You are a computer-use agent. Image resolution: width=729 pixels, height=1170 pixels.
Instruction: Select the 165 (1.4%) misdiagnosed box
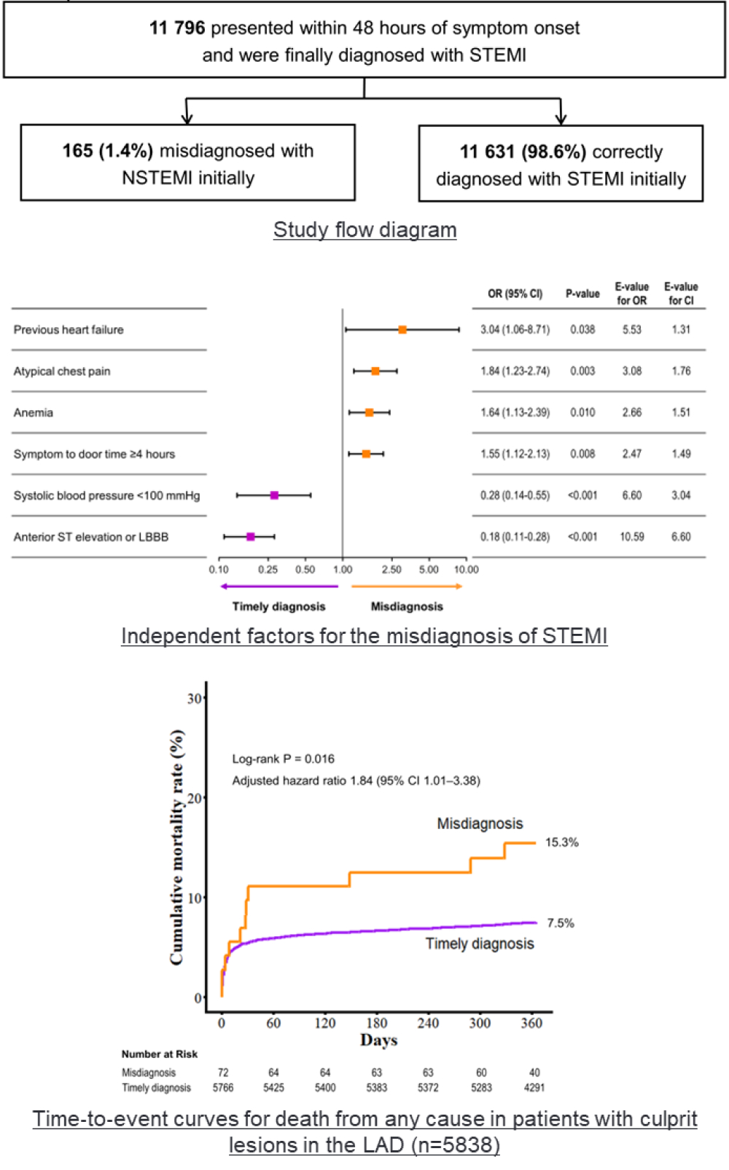tap(187, 162)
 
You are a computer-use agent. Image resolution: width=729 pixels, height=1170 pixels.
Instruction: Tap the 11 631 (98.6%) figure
tap(523, 152)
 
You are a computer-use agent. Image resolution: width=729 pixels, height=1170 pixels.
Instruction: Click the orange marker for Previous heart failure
tap(402, 330)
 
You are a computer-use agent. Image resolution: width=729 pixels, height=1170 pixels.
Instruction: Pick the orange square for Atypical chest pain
tap(375, 372)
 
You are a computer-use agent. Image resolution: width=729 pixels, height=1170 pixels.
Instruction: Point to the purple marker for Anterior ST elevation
tap(251, 537)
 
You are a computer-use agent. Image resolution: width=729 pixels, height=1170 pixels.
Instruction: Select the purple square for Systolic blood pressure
tap(274, 495)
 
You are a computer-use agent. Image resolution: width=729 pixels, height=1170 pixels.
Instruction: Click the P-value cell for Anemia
tap(582, 412)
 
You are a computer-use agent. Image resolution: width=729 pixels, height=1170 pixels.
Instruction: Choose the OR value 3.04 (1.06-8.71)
tap(515, 329)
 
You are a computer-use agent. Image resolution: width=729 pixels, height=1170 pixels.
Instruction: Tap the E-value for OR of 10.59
tap(631, 537)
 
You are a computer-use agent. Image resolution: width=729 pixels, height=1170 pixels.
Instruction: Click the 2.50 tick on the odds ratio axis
tap(391, 570)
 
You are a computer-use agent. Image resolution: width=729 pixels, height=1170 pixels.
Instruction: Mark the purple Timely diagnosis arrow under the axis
tap(278, 586)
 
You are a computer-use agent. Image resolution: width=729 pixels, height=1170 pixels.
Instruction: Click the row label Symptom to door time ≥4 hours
tap(94, 454)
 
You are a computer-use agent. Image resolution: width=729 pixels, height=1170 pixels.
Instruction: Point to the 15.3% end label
tap(561, 842)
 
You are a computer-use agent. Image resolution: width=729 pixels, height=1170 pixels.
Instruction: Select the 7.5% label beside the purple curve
tap(561, 923)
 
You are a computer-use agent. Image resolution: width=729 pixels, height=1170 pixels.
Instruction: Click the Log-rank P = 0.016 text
tap(283, 759)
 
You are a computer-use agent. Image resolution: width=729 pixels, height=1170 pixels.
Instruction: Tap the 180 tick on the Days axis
tap(377, 1023)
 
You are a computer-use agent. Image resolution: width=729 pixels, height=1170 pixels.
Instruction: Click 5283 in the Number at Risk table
tap(481, 1088)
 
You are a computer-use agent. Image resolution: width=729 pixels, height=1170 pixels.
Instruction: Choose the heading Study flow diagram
tap(364, 229)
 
